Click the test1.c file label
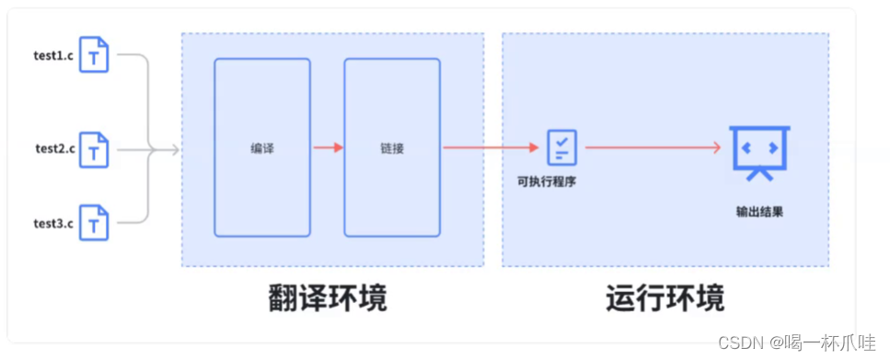click(54, 54)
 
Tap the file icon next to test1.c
click(94, 55)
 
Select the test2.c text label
click(56, 148)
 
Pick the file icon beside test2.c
click(94, 149)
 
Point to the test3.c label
click(54, 223)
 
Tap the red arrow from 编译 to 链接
click(328, 147)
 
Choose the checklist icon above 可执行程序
click(561, 146)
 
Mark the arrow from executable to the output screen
click(652, 147)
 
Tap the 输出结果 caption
click(759, 211)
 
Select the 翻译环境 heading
click(328, 298)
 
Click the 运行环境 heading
click(665, 298)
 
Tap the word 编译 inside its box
click(262, 147)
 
